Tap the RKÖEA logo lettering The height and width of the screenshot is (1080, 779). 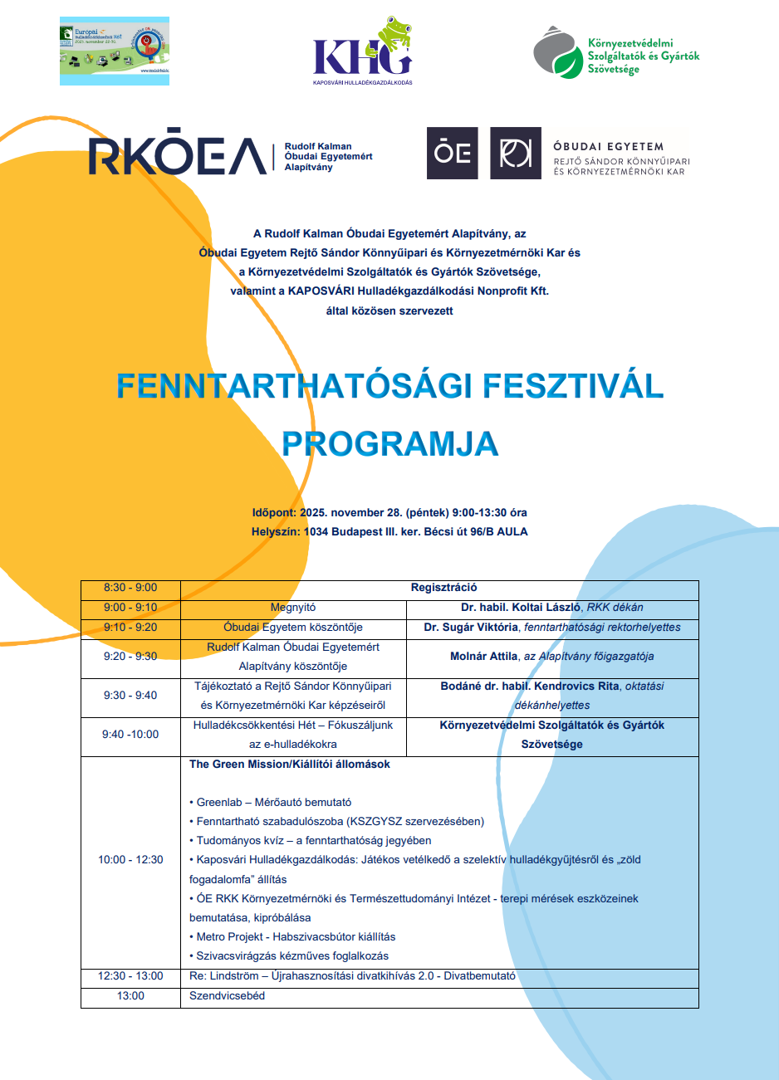(x=178, y=156)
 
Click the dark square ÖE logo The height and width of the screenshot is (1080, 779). (x=453, y=154)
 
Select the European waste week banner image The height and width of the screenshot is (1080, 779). (x=115, y=51)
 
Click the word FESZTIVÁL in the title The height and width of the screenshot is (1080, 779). (x=573, y=386)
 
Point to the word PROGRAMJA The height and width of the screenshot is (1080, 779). (x=389, y=444)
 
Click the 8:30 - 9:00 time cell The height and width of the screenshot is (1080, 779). (x=130, y=588)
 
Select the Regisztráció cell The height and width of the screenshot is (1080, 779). (x=443, y=588)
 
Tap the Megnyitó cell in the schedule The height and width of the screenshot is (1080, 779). (x=293, y=608)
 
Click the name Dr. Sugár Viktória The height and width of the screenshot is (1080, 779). (x=471, y=628)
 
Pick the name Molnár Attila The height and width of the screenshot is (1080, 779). (x=484, y=656)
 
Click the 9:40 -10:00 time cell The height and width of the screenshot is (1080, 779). (x=130, y=735)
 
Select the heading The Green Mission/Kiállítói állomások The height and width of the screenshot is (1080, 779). (x=290, y=765)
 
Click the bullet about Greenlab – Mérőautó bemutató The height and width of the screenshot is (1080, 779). (x=273, y=803)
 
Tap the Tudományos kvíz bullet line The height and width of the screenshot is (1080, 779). (x=313, y=841)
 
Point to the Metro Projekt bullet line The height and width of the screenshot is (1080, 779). (x=296, y=937)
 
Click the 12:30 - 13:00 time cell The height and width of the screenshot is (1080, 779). (x=130, y=976)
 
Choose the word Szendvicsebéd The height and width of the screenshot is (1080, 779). (x=227, y=996)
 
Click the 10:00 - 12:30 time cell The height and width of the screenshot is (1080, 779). (x=130, y=860)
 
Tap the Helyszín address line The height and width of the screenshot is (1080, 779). (x=389, y=532)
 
